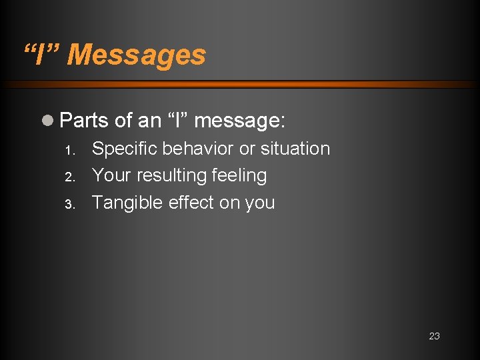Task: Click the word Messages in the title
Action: [137, 55]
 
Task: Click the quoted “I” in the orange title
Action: [41, 55]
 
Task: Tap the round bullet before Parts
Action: [49, 121]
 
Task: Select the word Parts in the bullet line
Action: [84, 121]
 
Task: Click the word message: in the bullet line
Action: [240, 121]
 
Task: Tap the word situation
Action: [295, 148]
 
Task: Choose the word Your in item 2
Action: [111, 175]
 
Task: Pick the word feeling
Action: [239, 176]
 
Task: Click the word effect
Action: [191, 202]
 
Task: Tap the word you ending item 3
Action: [259, 203]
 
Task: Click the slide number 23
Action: [434, 336]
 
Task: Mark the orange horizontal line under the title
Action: [240, 85]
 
